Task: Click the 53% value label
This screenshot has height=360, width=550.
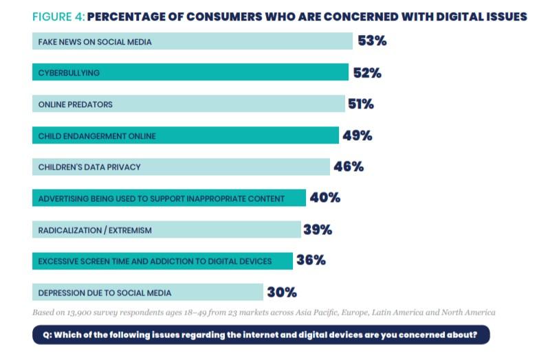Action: point(372,41)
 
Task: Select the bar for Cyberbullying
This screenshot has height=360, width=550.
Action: point(190,73)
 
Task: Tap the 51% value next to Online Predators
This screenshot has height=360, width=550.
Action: point(360,104)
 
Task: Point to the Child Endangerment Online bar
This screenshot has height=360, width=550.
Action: point(186,135)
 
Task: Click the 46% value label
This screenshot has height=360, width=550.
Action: point(349,166)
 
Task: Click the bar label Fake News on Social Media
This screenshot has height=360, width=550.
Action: point(95,42)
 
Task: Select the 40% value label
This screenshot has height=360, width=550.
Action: point(324,198)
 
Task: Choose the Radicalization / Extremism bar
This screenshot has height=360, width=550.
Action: point(166,229)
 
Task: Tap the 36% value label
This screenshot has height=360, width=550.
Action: point(311,260)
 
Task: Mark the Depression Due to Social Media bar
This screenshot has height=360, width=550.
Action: point(147,292)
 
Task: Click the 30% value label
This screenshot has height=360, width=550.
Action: point(282,292)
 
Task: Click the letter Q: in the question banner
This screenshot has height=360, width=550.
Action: point(46,335)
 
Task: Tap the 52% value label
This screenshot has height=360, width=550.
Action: point(367,73)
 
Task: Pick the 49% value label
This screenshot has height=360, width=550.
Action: point(357,135)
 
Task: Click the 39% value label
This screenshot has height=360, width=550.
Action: point(318,229)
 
